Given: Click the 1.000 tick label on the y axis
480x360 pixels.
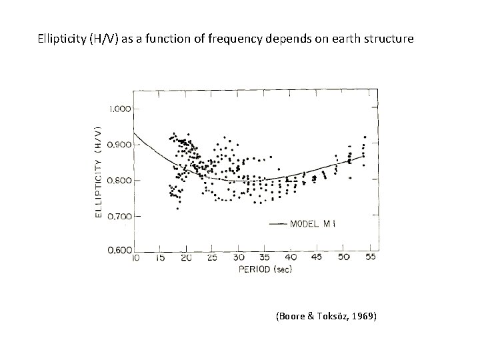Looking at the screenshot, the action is tap(119, 109).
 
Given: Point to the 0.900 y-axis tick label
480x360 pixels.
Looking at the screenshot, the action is tap(119, 145).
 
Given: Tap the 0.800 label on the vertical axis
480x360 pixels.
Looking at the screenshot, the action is tap(119, 180).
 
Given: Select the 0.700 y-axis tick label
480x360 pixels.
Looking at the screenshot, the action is tap(119, 217).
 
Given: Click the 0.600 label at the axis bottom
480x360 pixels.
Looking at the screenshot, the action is tap(120, 251).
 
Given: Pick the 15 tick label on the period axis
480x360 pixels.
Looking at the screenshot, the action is tap(160, 258).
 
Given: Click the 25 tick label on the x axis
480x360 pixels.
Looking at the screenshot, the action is tap(212, 258).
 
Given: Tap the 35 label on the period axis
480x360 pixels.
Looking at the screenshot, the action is tap(264, 257).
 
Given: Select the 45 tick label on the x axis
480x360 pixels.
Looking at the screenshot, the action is tap(316, 257).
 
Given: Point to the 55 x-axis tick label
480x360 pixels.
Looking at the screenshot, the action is tap(370, 257).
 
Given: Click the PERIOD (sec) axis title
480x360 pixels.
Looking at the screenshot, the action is tap(265, 269).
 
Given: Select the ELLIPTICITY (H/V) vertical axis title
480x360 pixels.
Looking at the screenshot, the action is tap(98, 172).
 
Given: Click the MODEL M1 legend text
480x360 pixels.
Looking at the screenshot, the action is tap(313, 224).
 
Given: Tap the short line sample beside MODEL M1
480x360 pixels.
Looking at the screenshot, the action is tap(278, 224).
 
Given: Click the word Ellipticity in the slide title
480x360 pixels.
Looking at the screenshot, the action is tap(62, 39).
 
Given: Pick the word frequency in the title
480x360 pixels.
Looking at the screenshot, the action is tap(235, 39).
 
